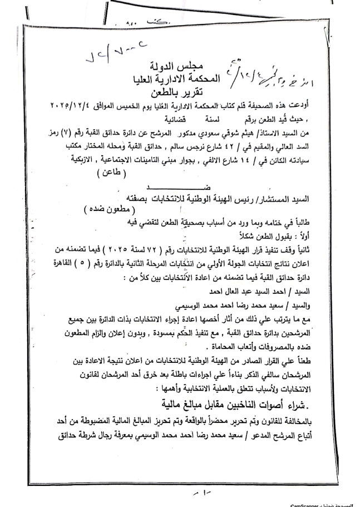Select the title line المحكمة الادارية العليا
[179, 80]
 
